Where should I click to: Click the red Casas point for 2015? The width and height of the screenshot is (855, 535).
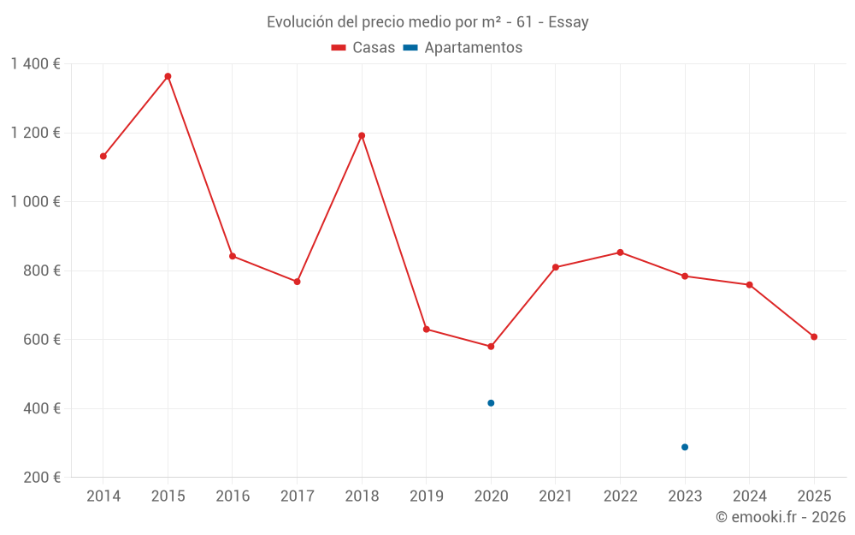168,76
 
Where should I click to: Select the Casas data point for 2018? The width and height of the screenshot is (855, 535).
362,135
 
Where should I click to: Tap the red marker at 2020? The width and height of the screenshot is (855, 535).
491,347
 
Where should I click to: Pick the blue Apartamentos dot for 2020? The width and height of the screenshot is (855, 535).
491,403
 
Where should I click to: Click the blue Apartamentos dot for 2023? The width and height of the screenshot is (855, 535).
685,447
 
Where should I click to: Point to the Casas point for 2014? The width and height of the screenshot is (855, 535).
103,156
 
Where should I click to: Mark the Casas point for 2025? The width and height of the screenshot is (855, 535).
814,336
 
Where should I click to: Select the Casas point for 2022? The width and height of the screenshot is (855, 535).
621,253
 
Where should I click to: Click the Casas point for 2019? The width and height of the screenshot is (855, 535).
427,329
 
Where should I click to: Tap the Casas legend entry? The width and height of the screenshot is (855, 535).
363,48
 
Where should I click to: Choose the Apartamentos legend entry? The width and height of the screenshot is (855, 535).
463,48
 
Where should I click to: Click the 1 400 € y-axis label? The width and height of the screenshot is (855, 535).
35,64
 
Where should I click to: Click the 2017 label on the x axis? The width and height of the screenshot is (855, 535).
297,496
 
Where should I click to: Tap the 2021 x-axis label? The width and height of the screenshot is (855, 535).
556,496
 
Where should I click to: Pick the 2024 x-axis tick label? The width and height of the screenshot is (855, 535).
749,496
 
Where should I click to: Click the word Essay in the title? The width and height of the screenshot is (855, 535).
569,22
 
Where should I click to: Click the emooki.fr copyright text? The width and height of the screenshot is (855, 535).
781,517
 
